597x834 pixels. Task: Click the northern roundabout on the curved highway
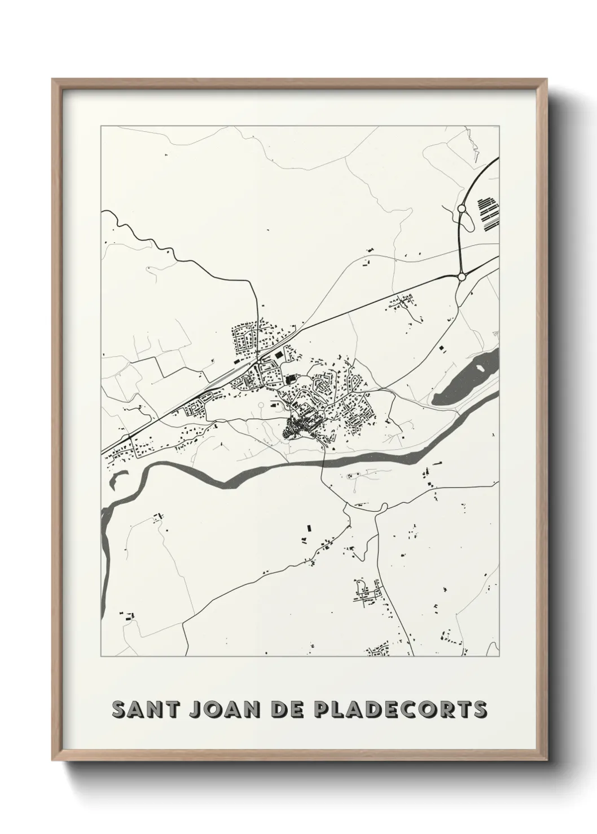coord(462,208)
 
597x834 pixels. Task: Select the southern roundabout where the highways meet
coord(462,276)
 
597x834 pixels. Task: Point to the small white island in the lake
coord(481,369)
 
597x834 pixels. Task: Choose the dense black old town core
coord(299,428)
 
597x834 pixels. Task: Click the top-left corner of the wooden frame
coord(52,79)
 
